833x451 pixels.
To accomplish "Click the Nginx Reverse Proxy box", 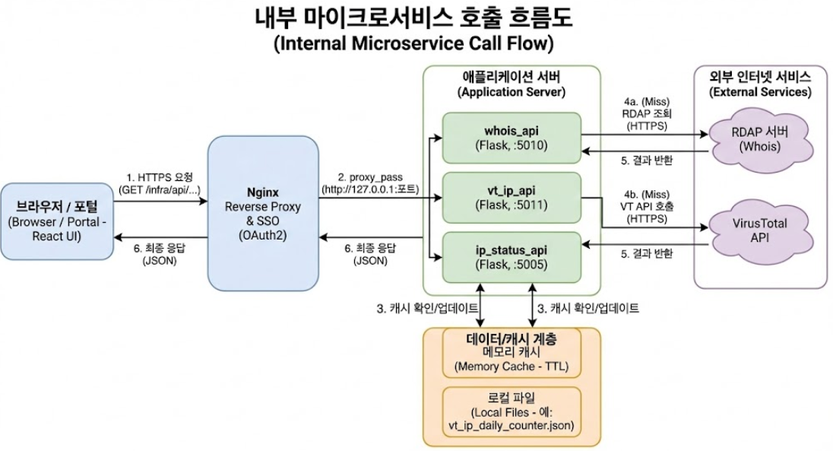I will point(262,213).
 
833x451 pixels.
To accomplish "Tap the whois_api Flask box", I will point(512,137).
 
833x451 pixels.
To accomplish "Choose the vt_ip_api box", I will point(512,197).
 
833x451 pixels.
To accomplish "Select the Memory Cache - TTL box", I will point(511,358).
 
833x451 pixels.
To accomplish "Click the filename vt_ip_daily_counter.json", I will point(511,427).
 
